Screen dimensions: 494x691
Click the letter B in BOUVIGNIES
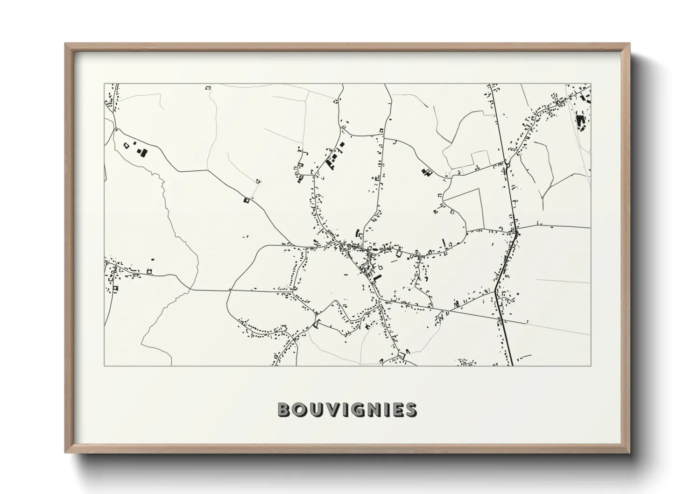click(x=284, y=410)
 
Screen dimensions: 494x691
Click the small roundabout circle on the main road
click(x=507, y=164)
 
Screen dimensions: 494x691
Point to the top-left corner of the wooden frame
click(x=65, y=44)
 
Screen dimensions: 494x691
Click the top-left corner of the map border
click(x=104, y=84)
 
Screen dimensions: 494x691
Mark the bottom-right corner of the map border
click(x=591, y=366)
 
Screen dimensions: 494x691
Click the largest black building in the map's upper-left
click(x=141, y=152)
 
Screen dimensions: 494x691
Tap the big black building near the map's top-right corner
click(x=581, y=123)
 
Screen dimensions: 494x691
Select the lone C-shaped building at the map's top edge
click(x=208, y=87)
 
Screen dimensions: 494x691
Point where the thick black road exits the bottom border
click(x=512, y=365)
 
